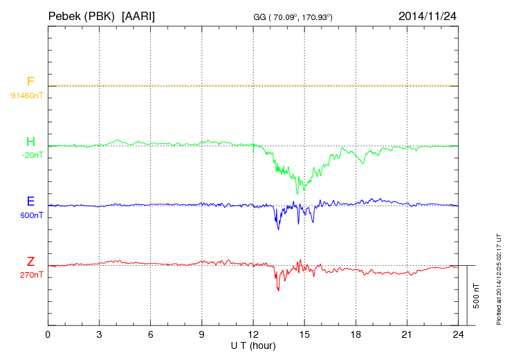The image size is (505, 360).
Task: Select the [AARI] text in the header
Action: point(138,15)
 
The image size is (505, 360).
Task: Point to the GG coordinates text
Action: point(294,16)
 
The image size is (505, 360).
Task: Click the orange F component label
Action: point(30,82)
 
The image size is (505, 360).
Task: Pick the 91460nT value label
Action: point(27,95)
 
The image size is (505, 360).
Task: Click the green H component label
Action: point(30,143)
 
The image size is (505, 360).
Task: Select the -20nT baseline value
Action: point(33,155)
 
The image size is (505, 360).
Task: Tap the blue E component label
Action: point(30,202)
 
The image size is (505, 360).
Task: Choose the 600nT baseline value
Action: point(31,215)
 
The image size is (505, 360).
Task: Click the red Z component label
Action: point(30,262)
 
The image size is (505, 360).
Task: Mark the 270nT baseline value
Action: point(31,275)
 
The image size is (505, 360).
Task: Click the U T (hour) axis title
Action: point(253,345)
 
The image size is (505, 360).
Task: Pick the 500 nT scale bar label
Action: point(477,296)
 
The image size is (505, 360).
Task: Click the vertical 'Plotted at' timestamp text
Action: point(498,277)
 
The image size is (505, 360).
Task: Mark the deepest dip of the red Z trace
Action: point(278,290)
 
